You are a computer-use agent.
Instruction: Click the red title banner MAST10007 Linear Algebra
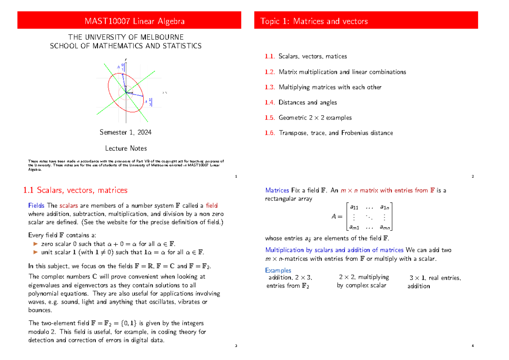pyautogui.click(x=129, y=21)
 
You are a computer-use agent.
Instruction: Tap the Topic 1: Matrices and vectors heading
pyautogui.click(x=314, y=21)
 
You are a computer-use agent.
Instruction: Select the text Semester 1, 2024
pyautogui.click(x=126, y=132)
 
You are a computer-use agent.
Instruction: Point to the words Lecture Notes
pyautogui.click(x=126, y=148)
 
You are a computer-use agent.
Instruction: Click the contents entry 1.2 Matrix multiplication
pyautogui.click(x=335, y=72)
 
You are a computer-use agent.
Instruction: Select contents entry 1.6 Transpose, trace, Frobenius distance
pyautogui.click(x=329, y=133)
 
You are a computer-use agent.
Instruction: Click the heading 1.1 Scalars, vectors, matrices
pyautogui.click(x=75, y=190)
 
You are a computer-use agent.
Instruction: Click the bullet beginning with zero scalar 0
pyautogui.click(x=108, y=244)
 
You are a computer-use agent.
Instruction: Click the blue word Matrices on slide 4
pyautogui.click(x=277, y=190)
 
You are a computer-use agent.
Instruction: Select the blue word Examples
pyautogui.click(x=278, y=270)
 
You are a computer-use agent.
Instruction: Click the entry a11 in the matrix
pyautogui.click(x=353, y=207)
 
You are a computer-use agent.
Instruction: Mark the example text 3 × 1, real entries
pyautogui.click(x=435, y=278)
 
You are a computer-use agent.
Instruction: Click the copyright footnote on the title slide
pyautogui.click(x=126, y=165)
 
